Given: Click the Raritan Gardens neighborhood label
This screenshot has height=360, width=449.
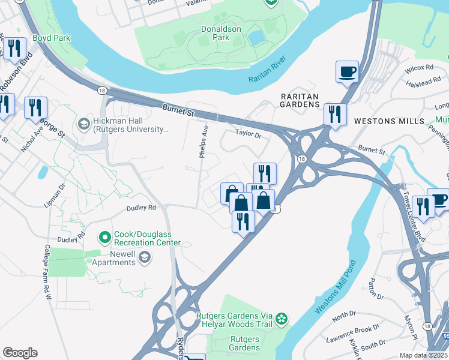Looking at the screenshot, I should (300, 100).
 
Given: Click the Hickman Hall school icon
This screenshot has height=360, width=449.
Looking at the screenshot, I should (83, 124).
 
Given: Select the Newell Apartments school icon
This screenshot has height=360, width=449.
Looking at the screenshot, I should (144, 257).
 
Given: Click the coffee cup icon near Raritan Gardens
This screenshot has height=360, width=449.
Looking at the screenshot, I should (347, 72).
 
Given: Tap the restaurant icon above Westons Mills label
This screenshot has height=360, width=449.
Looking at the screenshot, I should (335, 113).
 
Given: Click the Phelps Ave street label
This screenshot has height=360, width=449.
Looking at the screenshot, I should (204, 142).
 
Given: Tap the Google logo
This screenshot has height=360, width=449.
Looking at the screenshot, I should (20, 353).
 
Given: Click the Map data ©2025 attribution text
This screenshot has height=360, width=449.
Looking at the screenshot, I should (424, 355).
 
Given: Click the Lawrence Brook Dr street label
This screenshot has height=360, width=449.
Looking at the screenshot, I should (353, 332).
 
